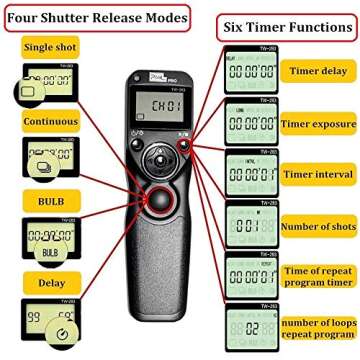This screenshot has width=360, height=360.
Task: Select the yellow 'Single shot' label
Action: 51,47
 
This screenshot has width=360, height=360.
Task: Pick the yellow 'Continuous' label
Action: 51,122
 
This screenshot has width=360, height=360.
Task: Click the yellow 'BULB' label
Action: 51,201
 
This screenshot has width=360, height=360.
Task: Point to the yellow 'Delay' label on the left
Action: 51,281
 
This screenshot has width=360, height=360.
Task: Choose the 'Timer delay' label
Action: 317,71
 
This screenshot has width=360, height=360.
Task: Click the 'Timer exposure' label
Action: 317,124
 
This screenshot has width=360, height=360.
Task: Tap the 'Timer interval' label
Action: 317,174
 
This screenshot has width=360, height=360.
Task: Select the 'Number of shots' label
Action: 317,226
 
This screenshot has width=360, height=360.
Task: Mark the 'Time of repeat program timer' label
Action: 317,276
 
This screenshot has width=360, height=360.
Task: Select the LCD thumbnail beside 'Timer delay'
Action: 249,71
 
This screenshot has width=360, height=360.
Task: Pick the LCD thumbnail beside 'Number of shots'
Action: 249,225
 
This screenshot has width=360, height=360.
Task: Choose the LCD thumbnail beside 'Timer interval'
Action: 249,174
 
